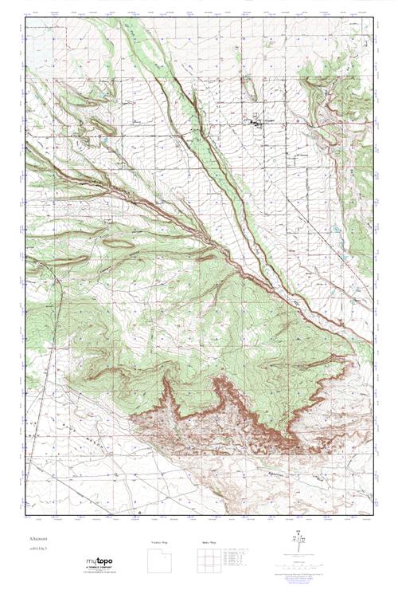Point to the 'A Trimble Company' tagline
(x=100, y=568)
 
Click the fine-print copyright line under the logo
(x=100, y=573)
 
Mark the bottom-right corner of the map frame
(x=373, y=513)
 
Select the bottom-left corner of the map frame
(x=25, y=513)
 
